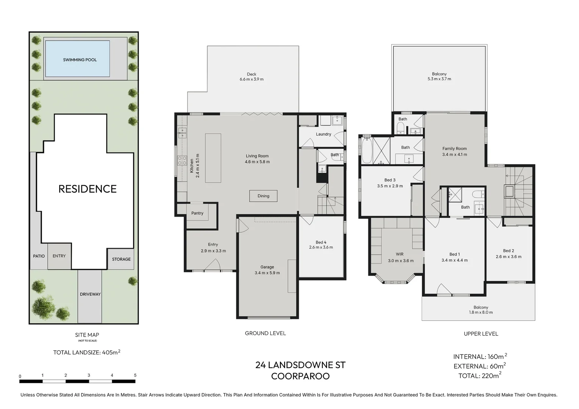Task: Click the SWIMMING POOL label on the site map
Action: coord(80,60)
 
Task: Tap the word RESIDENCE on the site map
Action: coord(88,189)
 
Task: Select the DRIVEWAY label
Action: coord(90,294)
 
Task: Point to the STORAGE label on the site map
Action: coord(121,259)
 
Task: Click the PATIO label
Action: coord(39,256)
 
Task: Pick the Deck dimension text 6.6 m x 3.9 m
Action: coord(252,79)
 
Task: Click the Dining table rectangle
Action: coord(263,196)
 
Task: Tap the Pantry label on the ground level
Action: coord(197,213)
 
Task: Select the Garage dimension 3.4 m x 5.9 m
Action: coord(267,273)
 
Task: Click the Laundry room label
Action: coord(323,134)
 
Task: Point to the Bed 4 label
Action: coord(321,242)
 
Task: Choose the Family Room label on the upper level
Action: coord(454,148)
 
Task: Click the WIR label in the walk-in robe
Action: coord(400,254)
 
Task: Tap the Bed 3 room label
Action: coord(390,180)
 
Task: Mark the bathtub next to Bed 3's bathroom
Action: coord(366,150)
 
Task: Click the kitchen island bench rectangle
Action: coord(213,158)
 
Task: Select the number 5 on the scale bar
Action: coord(135,375)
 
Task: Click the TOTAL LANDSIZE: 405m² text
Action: coord(87,352)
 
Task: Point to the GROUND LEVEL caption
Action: coord(266,333)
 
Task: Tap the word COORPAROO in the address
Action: coord(300,376)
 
